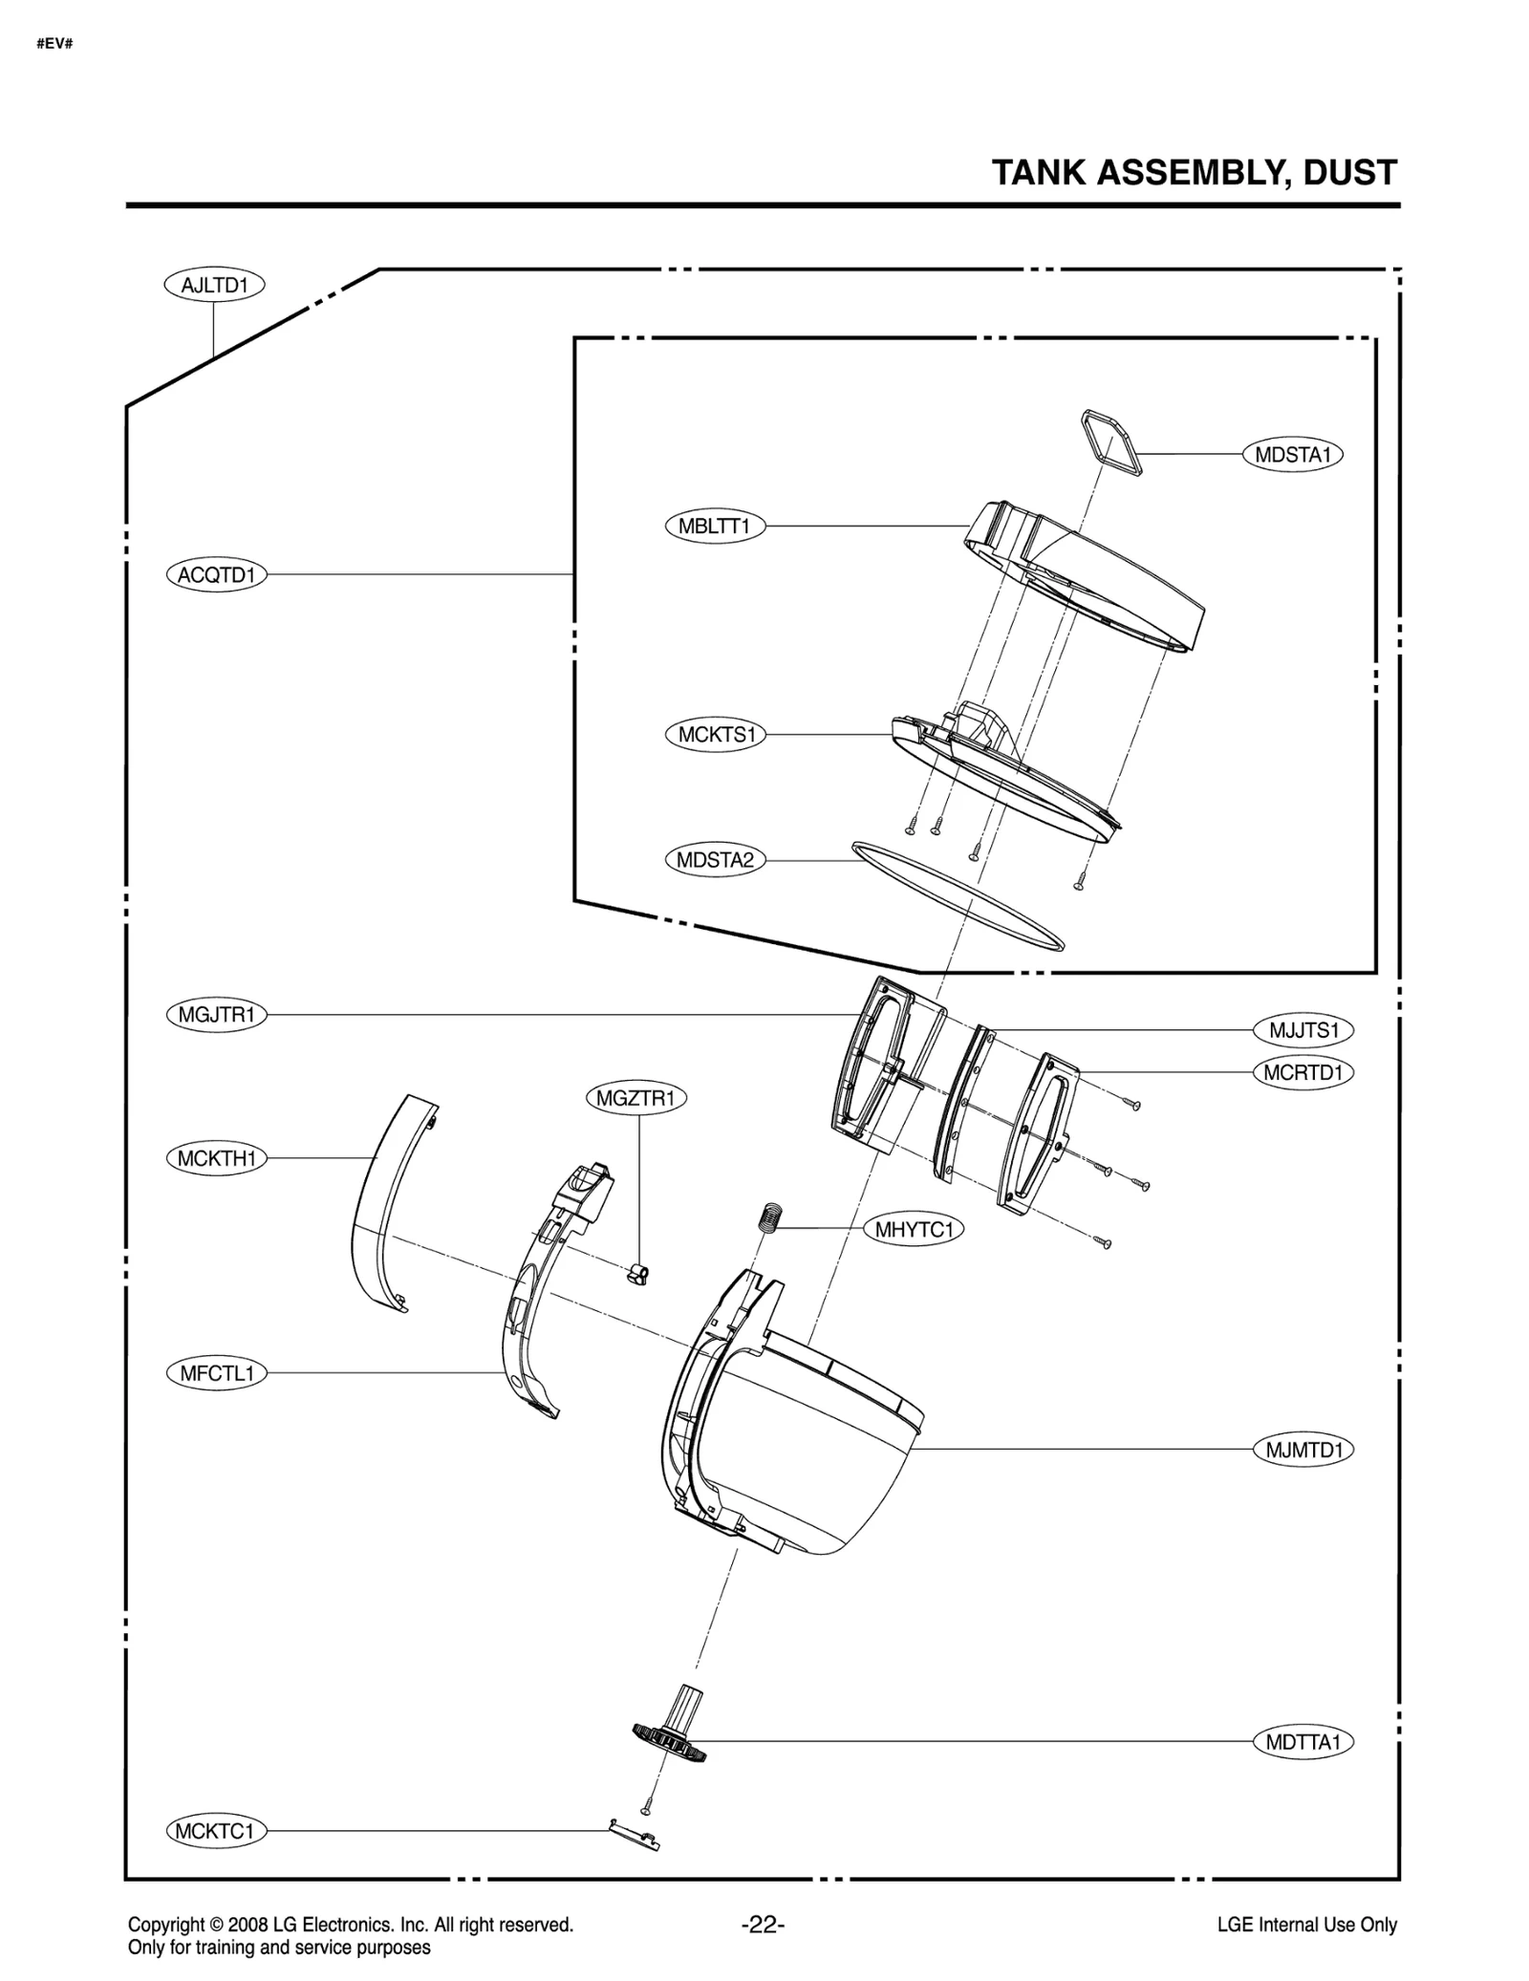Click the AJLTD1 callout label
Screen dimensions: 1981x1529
(214, 285)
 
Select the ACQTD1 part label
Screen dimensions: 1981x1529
(216, 575)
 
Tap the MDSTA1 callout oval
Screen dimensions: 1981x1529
(1292, 455)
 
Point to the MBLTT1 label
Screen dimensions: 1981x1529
(715, 527)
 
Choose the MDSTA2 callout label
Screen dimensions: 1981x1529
(715, 860)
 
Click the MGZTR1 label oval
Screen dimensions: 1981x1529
(635, 1099)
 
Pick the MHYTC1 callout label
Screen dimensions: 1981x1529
(914, 1229)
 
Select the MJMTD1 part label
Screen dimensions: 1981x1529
(1303, 1450)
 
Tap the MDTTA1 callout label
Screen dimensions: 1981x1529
(1303, 1742)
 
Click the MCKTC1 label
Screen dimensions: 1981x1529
(216, 1831)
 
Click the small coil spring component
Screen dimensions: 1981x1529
(771, 1217)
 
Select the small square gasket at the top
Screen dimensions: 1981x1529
(1111, 442)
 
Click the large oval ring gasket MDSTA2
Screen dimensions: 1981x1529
(957, 896)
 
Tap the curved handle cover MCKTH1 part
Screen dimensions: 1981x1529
(387, 1204)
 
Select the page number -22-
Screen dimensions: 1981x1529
(763, 1925)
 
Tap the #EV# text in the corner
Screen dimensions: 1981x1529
(54, 44)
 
